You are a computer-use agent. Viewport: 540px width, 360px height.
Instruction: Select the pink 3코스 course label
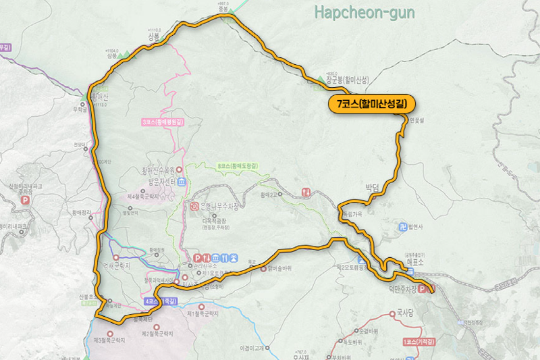click(x=163, y=122)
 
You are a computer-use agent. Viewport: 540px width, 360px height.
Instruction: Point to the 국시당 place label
click(x=405, y=313)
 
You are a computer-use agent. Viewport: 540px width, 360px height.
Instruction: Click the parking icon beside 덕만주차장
click(x=424, y=289)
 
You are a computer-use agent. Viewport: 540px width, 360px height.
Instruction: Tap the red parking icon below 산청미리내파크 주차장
click(x=26, y=201)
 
